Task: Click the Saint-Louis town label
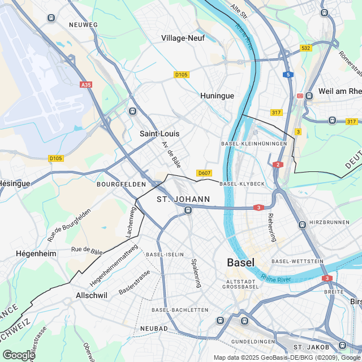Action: point(160,134)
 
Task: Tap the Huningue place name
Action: point(217,96)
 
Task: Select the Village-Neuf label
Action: point(183,38)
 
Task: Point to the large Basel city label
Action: point(240,262)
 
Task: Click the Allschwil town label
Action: point(92,295)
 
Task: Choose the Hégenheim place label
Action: point(36,254)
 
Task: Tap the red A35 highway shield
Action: point(85,84)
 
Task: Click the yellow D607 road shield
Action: point(204,173)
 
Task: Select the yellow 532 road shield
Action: point(306,49)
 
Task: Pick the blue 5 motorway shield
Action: point(288,75)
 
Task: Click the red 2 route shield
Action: point(278,165)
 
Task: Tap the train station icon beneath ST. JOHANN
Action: point(188,210)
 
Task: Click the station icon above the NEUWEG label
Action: point(51,17)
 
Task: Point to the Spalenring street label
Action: point(196,273)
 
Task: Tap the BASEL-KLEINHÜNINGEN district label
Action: point(250,144)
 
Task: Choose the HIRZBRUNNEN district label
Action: point(330,222)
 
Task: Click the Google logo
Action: point(18,355)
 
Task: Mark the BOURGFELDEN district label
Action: point(121,184)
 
